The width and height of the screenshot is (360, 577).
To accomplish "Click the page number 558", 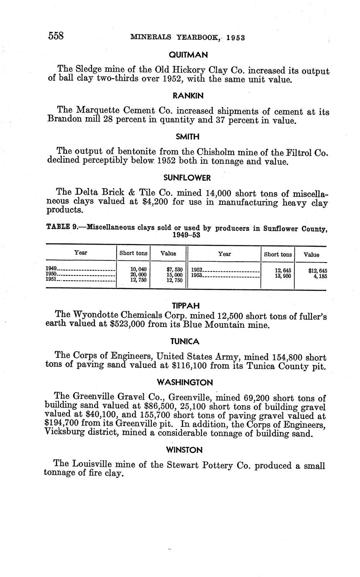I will pos(56,36).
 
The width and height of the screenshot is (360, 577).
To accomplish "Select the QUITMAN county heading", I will pos(188,55).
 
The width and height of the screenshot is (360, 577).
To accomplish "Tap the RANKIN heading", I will pos(188,96).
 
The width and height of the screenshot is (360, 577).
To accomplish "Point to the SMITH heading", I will pos(187,137).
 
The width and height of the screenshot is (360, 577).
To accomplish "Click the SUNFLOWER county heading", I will pos(187,178).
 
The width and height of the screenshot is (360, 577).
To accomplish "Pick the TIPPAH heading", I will pos(186,306).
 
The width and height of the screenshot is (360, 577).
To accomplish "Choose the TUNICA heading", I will pos(185,342).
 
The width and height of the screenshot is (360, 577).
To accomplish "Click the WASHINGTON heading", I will pos(185,382).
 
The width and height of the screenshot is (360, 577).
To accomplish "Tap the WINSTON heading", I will pos(184,450).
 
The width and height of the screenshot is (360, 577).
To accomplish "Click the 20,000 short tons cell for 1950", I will pos(138,275).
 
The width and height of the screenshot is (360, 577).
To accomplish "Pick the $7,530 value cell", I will pos(174,269).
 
